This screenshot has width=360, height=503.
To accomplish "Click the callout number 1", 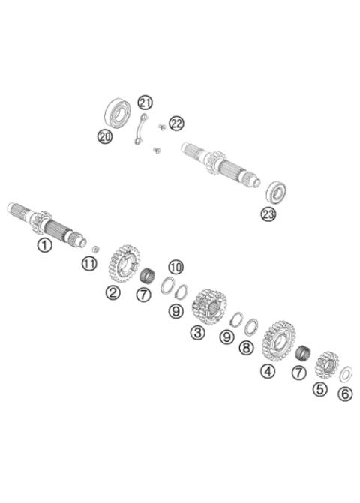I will click(x=45, y=245).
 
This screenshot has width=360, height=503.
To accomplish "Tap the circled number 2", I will click(x=112, y=292).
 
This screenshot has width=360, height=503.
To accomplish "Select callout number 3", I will click(x=197, y=332).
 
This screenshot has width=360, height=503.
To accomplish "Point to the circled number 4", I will click(x=268, y=370).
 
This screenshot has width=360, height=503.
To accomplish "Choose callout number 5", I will click(x=320, y=389).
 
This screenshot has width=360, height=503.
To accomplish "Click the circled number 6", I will click(x=344, y=394).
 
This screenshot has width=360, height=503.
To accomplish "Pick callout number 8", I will click(x=246, y=348).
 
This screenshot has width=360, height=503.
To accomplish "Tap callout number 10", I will click(x=175, y=267).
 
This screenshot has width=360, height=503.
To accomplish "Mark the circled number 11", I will click(x=89, y=263).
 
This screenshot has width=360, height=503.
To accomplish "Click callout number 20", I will click(x=105, y=136).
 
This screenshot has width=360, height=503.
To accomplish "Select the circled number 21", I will click(x=145, y=103).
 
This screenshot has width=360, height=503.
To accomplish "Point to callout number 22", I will click(x=176, y=124).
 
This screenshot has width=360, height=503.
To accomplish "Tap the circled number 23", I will click(x=268, y=214).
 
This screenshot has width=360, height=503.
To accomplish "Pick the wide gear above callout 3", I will click(x=209, y=306).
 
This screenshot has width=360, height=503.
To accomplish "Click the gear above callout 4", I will click(x=277, y=341).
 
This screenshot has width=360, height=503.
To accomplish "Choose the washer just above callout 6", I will click(x=347, y=373).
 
